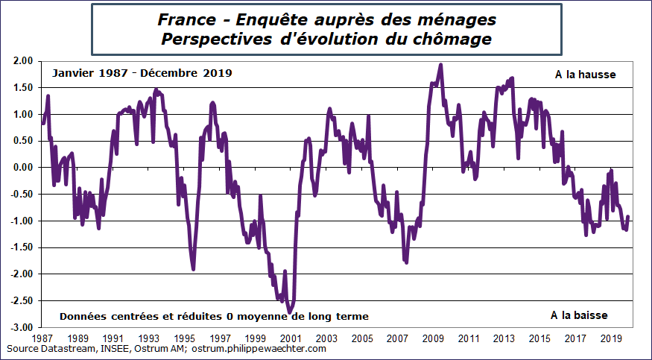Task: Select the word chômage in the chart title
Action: coord(458,38)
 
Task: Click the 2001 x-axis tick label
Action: coord(291,338)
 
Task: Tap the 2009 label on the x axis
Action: coord(434,338)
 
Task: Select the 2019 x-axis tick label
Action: coord(611,338)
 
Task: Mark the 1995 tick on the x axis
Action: coord(185,338)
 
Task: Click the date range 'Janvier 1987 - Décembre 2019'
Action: coord(142,73)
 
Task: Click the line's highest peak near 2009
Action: coord(441,65)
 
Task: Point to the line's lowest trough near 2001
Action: coord(290,312)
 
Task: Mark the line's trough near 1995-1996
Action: coord(193,268)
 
